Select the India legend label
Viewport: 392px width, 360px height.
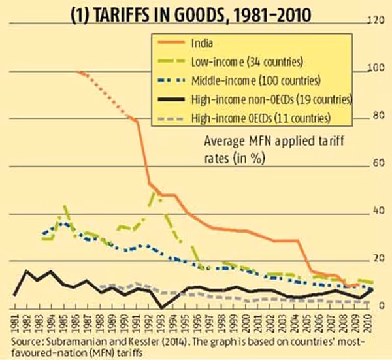click(x=204, y=44)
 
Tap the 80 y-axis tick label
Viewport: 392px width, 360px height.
click(x=377, y=116)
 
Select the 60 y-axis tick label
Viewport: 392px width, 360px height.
click(x=377, y=164)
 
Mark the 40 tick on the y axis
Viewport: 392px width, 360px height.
click(x=377, y=212)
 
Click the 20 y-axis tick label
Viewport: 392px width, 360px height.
click(x=377, y=259)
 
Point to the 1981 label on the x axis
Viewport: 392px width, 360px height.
click(x=14, y=321)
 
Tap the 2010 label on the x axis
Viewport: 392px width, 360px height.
click(x=369, y=321)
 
